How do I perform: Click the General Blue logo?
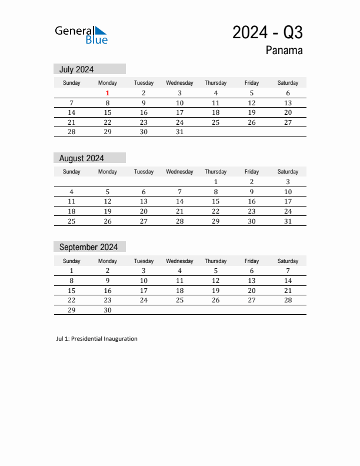[81, 35]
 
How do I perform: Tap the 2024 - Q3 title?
[267, 33]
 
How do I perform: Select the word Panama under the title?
[284, 51]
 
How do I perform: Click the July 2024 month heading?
[76, 69]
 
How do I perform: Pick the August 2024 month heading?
[82, 158]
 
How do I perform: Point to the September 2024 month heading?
[88, 247]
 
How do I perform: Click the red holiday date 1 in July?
[108, 93]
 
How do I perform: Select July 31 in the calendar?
[179, 132]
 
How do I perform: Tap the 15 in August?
[215, 201]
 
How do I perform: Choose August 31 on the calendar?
[288, 221]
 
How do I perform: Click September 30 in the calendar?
[108, 310]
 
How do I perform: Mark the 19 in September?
[215, 291]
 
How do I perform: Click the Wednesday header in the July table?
[179, 83]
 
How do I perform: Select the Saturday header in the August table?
[288, 172]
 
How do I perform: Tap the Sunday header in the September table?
[72, 261]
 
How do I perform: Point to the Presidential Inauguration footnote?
[96, 339]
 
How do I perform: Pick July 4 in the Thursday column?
[215, 93]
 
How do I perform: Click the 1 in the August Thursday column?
[215, 182]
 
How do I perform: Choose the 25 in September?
[179, 300]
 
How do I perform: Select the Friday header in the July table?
[251, 83]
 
